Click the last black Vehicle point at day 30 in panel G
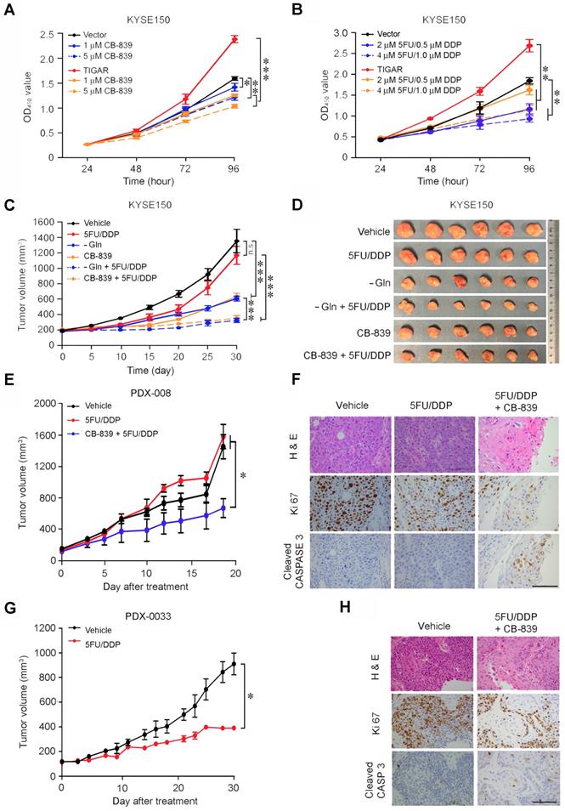tap(234, 664)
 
